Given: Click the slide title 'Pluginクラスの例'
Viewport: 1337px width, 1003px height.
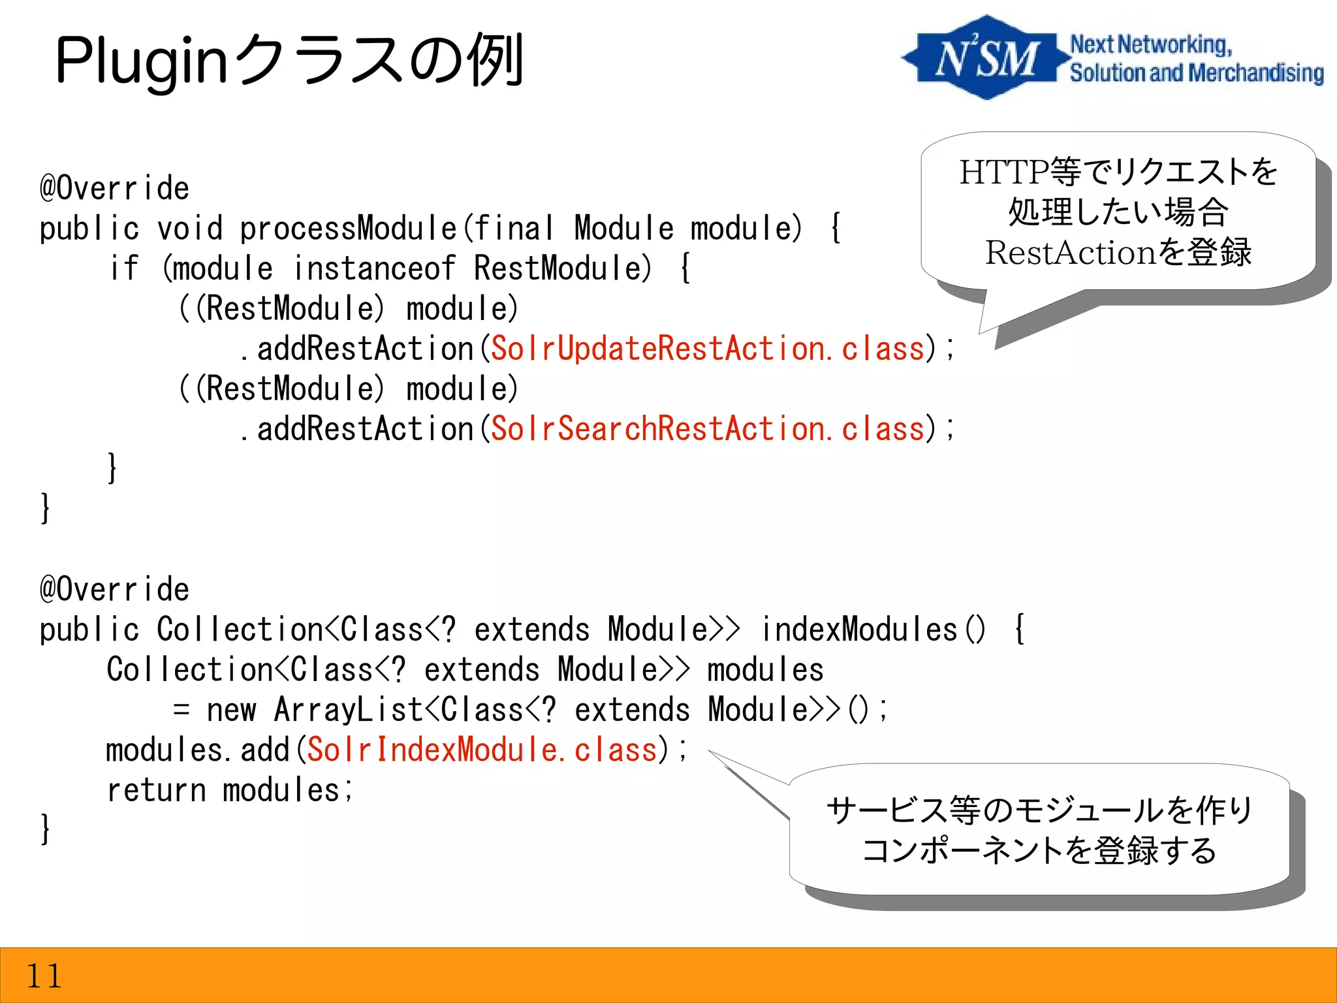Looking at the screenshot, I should (289, 61).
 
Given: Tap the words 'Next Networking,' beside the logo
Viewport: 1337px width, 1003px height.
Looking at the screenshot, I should (1151, 44).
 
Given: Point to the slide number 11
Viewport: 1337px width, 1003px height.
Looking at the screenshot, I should (44, 976).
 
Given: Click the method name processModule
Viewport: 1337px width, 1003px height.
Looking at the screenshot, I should (348, 229).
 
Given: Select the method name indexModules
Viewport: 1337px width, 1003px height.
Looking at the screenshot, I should (858, 629).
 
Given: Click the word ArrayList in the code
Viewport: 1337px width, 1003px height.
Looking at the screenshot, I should (348, 710).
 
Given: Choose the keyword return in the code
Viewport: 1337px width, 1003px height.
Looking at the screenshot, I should (156, 790).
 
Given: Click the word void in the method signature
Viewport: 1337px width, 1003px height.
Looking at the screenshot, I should (190, 229).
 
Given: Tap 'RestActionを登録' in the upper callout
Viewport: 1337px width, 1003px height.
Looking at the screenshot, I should (1118, 252).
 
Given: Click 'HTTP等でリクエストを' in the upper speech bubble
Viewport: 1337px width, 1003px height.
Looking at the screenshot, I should (1118, 172).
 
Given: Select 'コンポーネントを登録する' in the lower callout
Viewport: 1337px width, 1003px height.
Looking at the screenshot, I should (1039, 850).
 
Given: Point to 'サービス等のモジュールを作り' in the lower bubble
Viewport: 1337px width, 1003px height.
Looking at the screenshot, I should (1039, 810).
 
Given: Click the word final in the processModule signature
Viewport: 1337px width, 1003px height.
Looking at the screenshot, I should (514, 229).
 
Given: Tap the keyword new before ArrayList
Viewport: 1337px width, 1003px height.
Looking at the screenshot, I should (231, 710).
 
